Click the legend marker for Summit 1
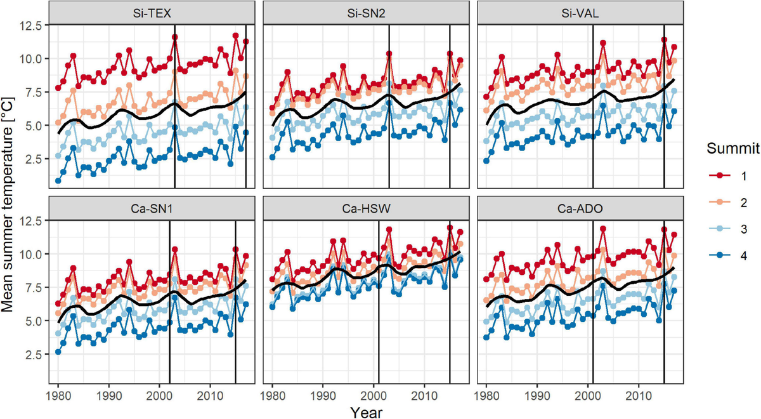click(715, 175)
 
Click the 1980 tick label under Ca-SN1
click(58, 394)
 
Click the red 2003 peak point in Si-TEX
click(174, 37)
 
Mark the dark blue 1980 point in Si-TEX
click(58, 181)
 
